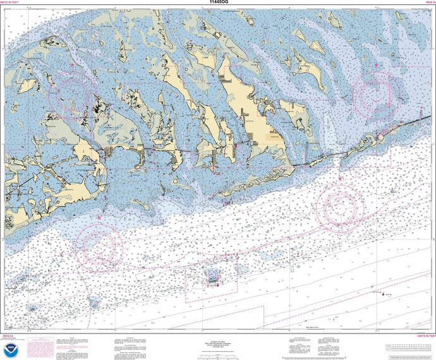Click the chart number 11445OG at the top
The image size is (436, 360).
click(x=217, y=3)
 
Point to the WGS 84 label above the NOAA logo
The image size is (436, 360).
click(x=8, y=335)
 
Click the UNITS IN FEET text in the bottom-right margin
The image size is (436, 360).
click(x=421, y=335)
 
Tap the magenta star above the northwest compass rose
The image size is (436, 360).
click(x=73, y=65)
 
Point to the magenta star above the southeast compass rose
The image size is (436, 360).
click(x=340, y=179)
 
